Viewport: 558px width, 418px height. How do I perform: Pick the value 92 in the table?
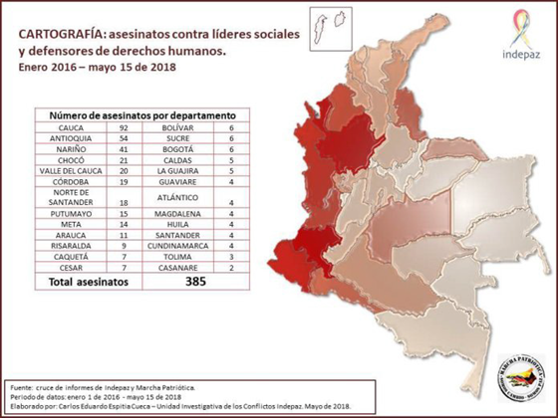tap(126, 128)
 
